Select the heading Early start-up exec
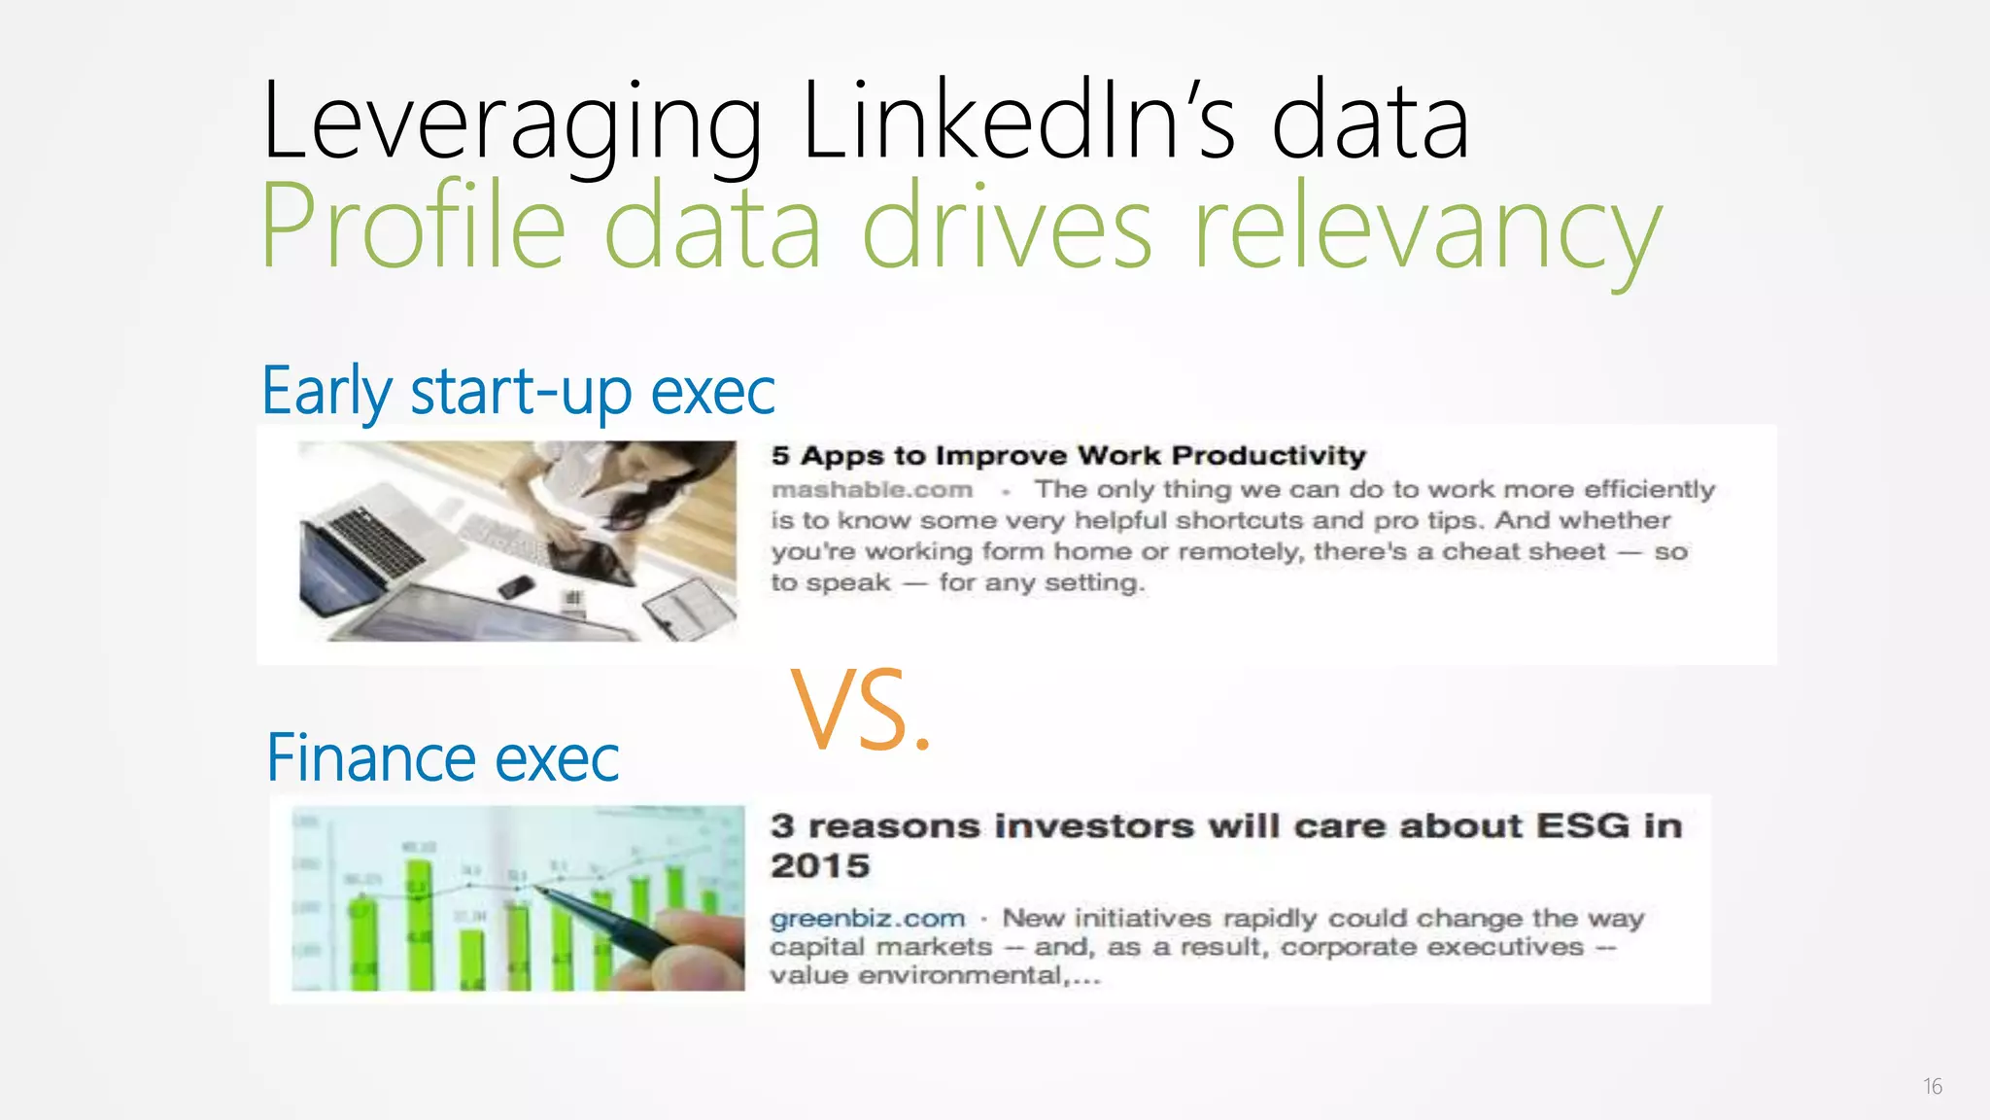pos(518,391)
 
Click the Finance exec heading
pos(442,758)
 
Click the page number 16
pos(1932,1087)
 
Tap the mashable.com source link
pos(872,490)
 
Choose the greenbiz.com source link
pos(867,919)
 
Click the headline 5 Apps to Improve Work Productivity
pos(1068,456)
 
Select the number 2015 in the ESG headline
pos(820,866)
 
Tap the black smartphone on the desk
pos(515,586)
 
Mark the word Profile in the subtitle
pos(413,228)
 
